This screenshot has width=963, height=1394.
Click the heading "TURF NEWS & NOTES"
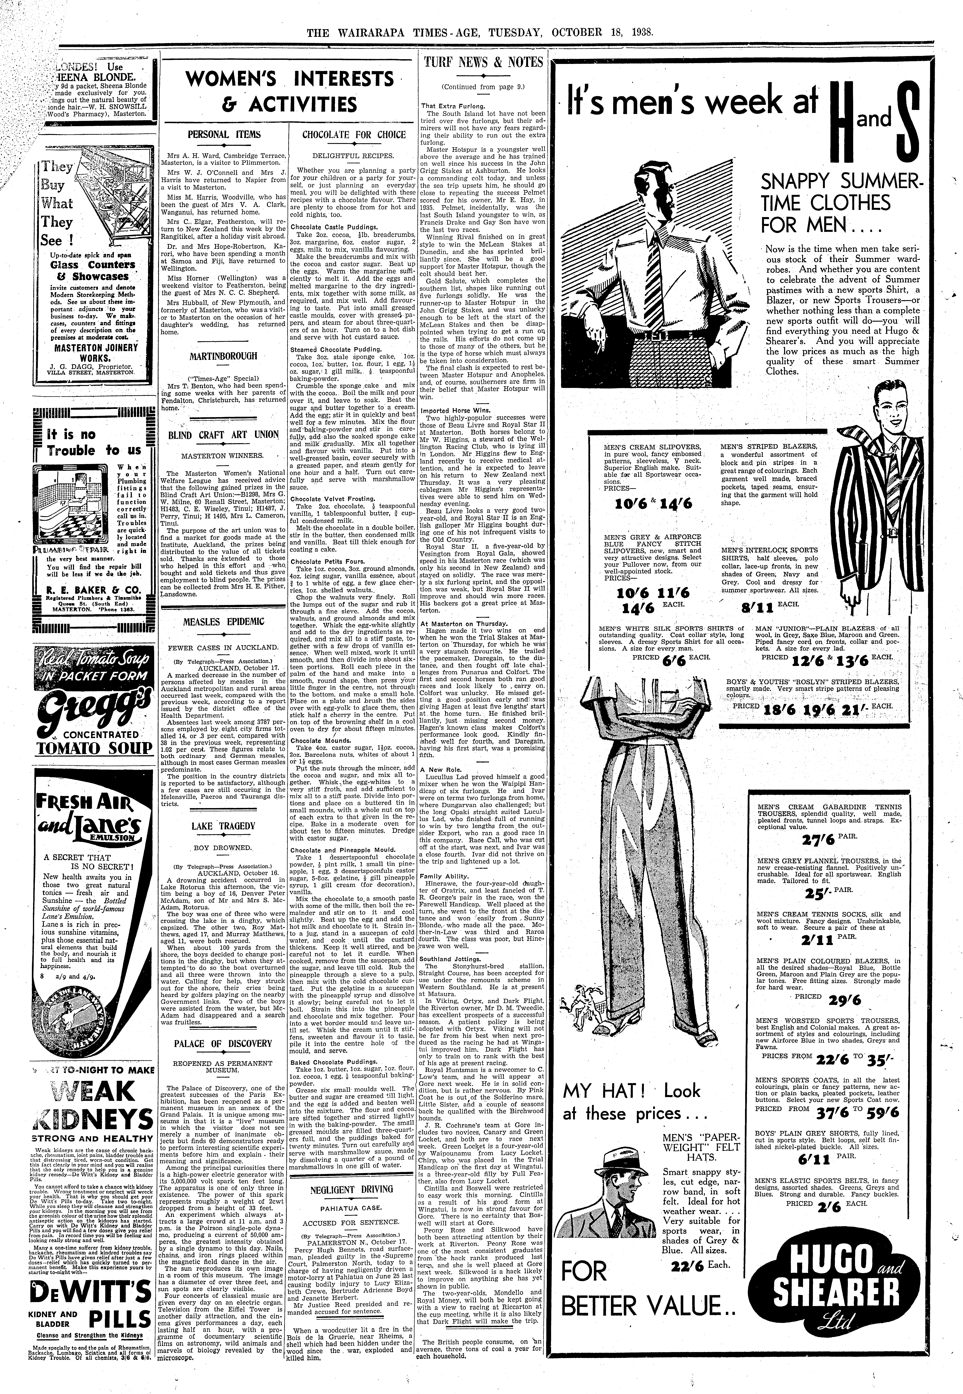[483, 62]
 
